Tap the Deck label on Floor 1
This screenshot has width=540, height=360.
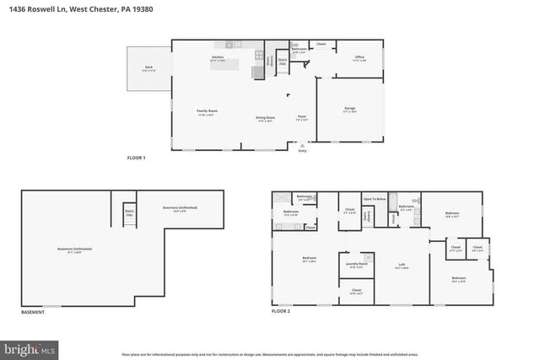tap(148, 67)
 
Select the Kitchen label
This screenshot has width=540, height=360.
tap(217, 58)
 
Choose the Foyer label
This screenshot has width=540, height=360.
tap(301, 118)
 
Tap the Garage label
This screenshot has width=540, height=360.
tap(349, 109)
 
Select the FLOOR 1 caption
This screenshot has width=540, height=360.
tap(137, 158)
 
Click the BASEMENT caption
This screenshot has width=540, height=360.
tap(33, 312)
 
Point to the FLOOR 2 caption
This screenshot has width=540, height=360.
tap(280, 312)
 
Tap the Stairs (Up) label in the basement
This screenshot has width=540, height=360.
tap(129, 213)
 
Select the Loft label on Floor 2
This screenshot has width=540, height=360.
tap(402, 266)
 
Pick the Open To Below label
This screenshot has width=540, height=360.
tap(375, 199)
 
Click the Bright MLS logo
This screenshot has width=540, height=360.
tap(30, 347)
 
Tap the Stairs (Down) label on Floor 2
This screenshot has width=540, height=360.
tap(365, 216)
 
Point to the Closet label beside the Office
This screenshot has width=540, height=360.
tap(321, 43)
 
